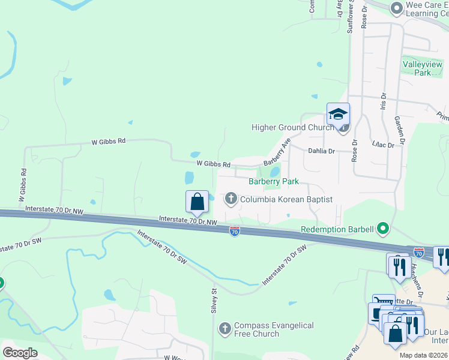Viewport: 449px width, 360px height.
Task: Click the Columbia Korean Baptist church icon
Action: [231, 199]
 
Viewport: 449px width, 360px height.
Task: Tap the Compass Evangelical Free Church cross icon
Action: [225, 328]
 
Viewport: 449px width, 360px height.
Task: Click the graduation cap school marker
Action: [338, 113]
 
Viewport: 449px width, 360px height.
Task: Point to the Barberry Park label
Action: [274, 181]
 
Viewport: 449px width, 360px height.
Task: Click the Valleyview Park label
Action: [423, 68]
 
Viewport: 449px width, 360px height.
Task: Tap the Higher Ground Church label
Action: [292, 127]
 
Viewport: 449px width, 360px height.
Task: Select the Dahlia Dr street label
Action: [321, 152]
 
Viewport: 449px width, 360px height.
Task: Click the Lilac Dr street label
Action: [382, 145]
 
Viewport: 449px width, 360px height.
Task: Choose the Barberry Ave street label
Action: [277, 152]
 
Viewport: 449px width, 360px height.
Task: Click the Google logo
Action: [20, 353]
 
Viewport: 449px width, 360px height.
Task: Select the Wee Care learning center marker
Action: [396, 8]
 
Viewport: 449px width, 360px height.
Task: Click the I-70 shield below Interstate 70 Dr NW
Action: [235, 232]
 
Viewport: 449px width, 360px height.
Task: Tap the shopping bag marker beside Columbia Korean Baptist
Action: [197, 202]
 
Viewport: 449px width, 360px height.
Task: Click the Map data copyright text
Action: [423, 355]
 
